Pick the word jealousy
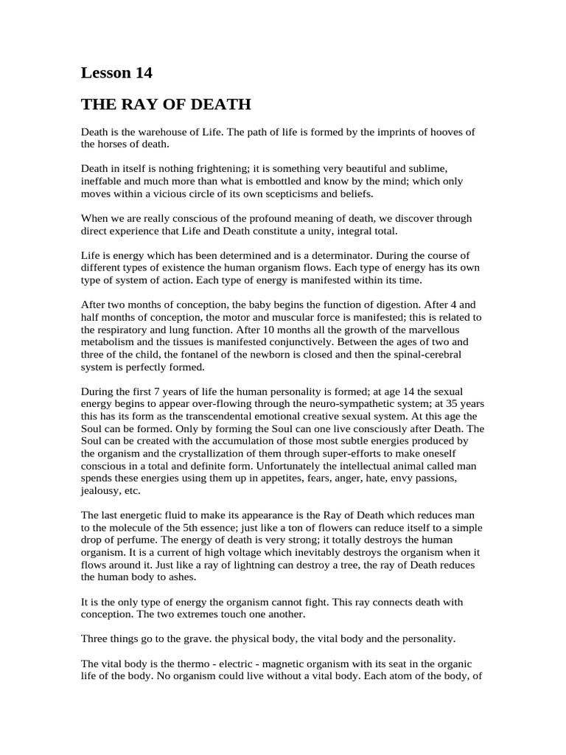[x=101, y=491]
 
